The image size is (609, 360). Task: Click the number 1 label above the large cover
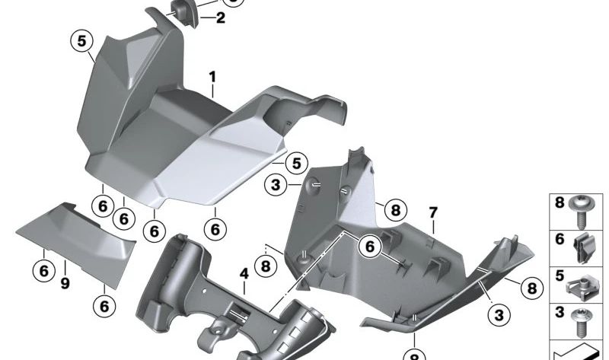point(213,77)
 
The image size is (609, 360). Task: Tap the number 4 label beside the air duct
point(244,272)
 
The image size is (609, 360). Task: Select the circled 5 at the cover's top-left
point(81,41)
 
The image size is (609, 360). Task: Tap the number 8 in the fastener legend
point(560,203)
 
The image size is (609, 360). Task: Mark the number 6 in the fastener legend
point(560,238)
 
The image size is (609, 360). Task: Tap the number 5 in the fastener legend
point(560,275)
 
